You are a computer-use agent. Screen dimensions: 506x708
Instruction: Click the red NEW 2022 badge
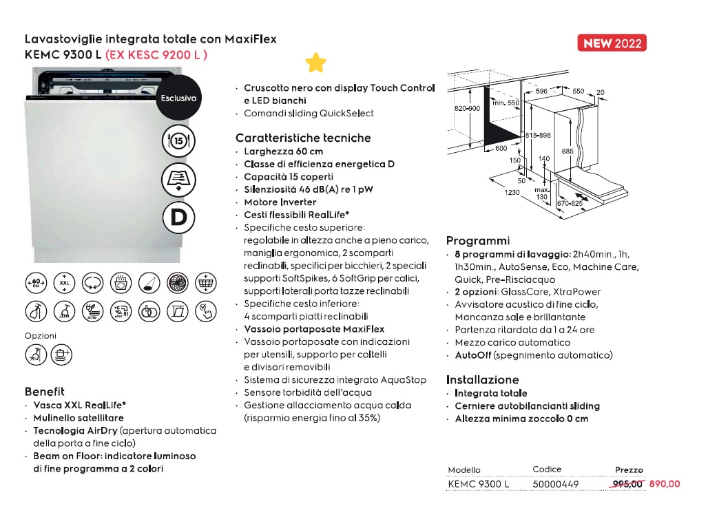612,43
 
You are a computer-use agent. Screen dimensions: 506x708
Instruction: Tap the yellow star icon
316,63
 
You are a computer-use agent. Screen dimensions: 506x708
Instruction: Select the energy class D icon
178,218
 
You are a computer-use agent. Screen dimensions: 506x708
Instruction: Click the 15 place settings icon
178,141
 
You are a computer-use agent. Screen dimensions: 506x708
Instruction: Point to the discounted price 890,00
664,484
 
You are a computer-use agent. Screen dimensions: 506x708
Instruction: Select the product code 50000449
556,484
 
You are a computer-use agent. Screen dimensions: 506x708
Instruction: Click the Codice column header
547,470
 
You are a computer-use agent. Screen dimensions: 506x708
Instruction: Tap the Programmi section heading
478,241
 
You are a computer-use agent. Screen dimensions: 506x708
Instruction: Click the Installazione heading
482,379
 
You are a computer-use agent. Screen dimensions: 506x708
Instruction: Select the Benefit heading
45,391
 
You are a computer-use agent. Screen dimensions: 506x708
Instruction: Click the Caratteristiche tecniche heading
303,138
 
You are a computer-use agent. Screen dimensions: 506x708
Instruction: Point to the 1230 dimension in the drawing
511,193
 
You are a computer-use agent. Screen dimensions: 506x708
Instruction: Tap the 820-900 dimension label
466,109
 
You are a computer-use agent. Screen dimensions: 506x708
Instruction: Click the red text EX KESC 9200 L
156,54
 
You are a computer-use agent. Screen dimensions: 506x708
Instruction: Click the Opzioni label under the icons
40,335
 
